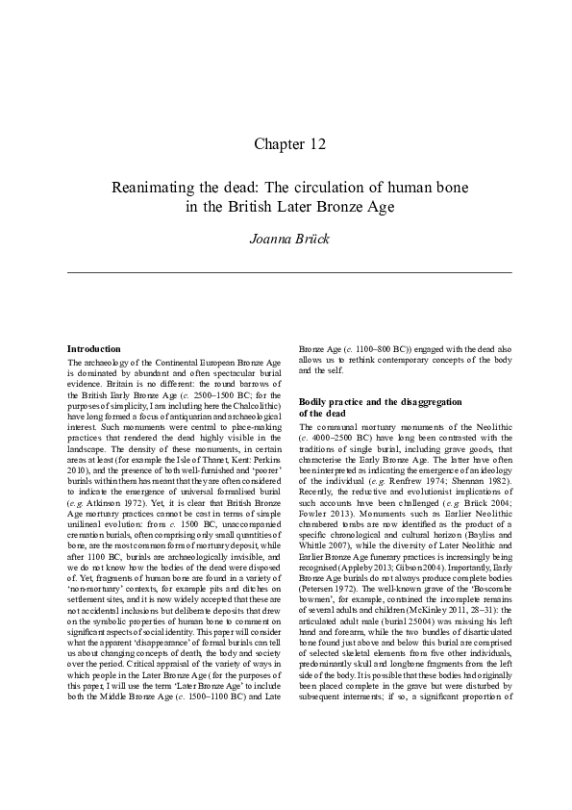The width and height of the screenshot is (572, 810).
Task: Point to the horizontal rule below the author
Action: pos(288,272)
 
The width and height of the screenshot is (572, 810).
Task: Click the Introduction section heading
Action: pos(93,348)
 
